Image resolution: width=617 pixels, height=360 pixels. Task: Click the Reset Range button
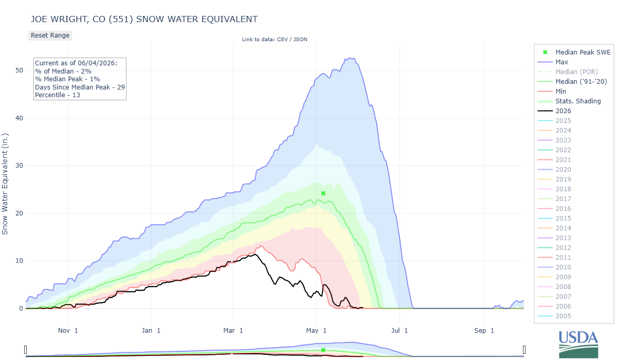click(x=50, y=35)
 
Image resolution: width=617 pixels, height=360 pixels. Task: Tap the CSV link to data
click(x=282, y=40)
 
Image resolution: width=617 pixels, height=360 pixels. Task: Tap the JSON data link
click(x=300, y=40)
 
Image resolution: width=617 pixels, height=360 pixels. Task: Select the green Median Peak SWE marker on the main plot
click(x=323, y=193)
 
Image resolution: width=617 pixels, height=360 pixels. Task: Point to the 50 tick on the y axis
click(x=20, y=70)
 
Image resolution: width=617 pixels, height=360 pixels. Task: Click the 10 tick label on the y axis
click(x=20, y=261)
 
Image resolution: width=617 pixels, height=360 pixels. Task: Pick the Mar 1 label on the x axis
click(x=233, y=331)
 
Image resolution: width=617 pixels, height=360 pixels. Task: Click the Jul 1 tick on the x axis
click(x=400, y=331)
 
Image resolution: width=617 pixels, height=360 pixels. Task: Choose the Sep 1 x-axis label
click(x=484, y=331)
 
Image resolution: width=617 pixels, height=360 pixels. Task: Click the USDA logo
click(x=578, y=344)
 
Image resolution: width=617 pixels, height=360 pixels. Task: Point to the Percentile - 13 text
click(x=57, y=95)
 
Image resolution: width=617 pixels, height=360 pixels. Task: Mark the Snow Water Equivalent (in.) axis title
click(x=5, y=184)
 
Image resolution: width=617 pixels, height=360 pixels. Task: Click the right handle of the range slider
click(x=524, y=350)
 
